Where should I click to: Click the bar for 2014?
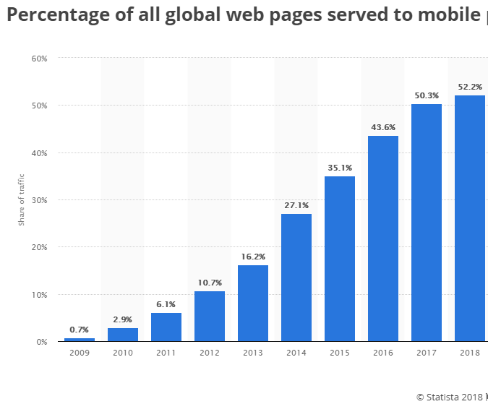coord(296,278)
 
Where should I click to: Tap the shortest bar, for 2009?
coord(80,339)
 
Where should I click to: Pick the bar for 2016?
coord(383,238)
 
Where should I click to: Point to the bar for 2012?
coord(210,316)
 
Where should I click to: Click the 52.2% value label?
coord(470,87)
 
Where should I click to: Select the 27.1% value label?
coord(296,205)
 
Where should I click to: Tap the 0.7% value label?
coord(80,330)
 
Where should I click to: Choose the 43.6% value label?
coord(383,127)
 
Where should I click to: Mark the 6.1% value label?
coord(166,304)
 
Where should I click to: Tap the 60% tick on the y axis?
coord(39,58)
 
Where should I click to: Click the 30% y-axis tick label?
coord(39,200)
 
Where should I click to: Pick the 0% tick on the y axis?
coord(42,342)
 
